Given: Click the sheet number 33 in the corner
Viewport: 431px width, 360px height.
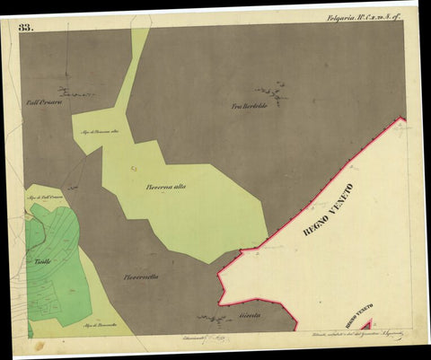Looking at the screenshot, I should [x=25, y=28].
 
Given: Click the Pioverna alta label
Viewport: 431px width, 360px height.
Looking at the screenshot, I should [x=166, y=187].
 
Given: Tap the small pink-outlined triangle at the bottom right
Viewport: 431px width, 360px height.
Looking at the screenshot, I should [x=365, y=324].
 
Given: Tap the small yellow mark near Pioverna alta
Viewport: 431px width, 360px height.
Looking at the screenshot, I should [x=134, y=168].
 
